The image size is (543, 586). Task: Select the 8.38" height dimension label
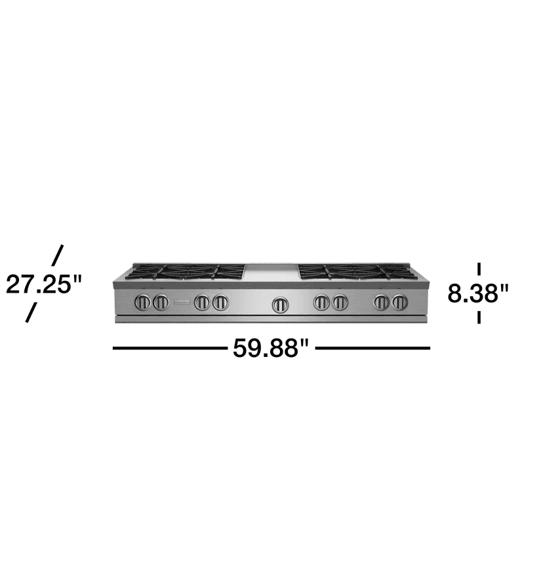[479, 293]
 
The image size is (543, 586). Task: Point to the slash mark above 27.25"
[58, 254]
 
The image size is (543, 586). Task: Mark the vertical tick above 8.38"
[479, 268]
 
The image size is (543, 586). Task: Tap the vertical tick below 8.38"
[479, 317]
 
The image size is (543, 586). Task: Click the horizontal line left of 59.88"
[170, 348]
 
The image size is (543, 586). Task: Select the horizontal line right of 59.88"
[372, 348]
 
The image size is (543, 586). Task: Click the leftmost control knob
[142, 303]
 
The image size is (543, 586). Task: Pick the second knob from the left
[161, 303]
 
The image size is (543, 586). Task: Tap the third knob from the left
[202, 303]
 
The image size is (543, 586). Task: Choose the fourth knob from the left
[220, 303]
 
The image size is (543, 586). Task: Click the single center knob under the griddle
[280, 304]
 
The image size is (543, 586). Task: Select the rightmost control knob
[399, 303]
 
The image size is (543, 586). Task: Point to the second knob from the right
[381, 303]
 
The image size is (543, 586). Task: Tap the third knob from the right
[339, 303]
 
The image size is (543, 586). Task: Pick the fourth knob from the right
[321, 303]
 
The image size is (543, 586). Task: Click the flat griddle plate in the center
[271, 272]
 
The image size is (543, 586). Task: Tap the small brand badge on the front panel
[181, 303]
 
